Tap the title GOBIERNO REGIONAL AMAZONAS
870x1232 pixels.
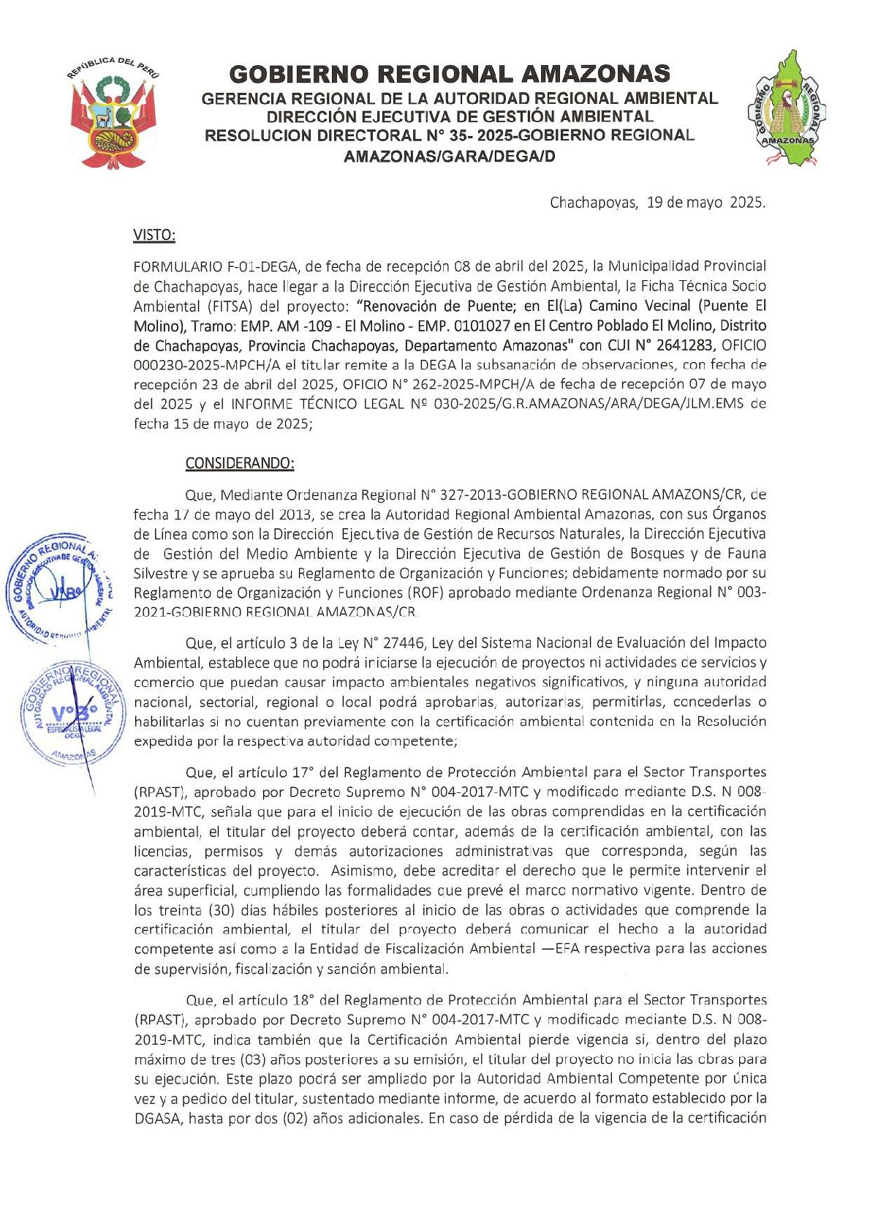[x=450, y=74]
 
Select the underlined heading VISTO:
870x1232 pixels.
[x=154, y=235]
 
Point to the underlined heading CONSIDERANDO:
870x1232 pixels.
[x=239, y=463]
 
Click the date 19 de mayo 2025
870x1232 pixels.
[x=706, y=203]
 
